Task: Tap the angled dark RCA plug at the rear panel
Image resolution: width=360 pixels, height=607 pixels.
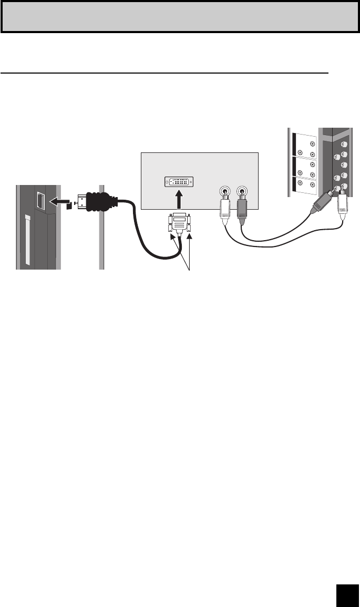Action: (x=321, y=203)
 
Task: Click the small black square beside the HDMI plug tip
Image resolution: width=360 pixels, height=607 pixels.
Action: (x=69, y=206)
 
